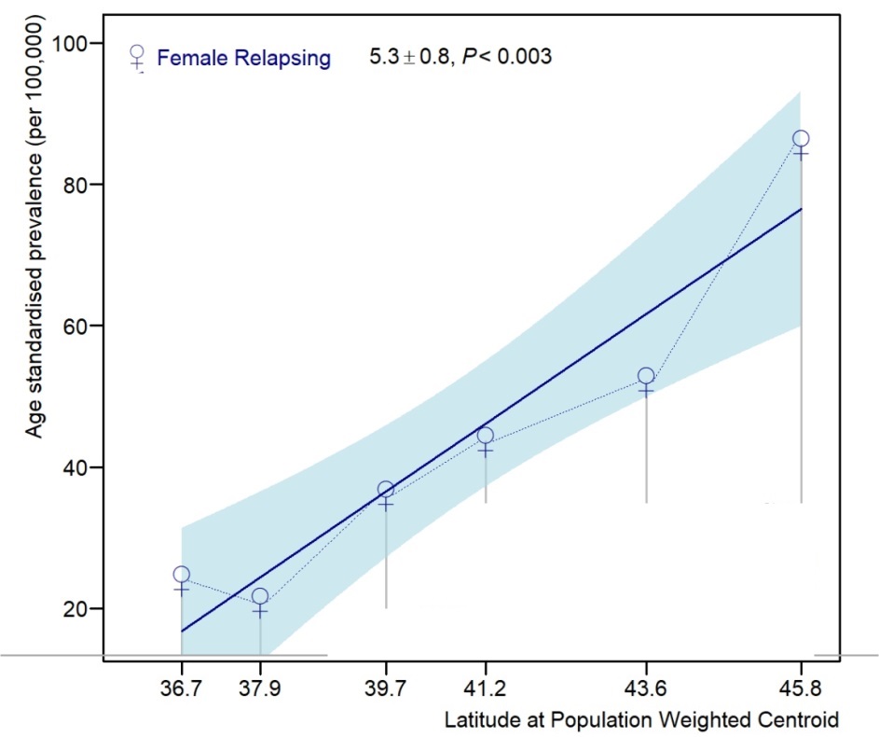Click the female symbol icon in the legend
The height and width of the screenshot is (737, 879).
pos(138,58)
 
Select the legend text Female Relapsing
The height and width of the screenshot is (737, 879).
pos(243,58)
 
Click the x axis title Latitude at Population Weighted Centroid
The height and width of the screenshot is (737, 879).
pos(642,720)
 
